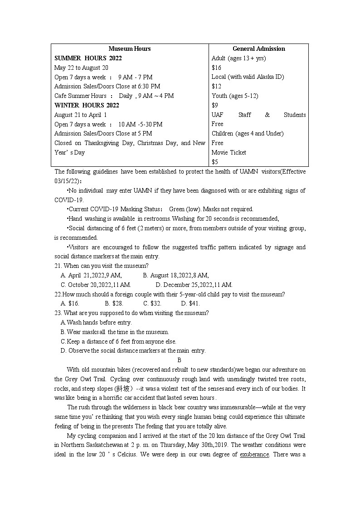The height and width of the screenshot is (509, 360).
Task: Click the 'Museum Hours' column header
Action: point(129,48)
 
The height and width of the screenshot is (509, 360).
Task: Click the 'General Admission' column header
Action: point(258,48)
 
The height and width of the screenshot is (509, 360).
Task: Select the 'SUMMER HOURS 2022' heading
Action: point(88,58)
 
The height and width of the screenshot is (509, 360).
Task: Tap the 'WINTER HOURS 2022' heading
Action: point(87,105)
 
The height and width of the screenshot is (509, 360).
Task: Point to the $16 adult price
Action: point(216,68)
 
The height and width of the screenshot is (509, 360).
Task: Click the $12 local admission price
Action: point(216,86)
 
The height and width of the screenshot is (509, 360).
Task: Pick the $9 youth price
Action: point(214,105)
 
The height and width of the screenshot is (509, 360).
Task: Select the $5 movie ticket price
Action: point(214,162)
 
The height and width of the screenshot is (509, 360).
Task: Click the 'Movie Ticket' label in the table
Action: point(229,152)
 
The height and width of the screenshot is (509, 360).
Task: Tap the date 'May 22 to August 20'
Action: point(81,68)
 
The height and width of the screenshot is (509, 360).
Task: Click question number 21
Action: point(58,266)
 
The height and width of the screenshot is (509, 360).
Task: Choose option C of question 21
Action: point(96,285)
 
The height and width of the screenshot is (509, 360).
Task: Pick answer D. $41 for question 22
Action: point(190,303)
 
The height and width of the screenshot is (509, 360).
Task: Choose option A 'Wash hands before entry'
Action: point(96,322)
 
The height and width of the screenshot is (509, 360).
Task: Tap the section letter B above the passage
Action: point(179,360)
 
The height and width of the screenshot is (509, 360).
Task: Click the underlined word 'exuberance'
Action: point(254,454)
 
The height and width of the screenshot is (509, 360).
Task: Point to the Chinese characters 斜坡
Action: point(122,388)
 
